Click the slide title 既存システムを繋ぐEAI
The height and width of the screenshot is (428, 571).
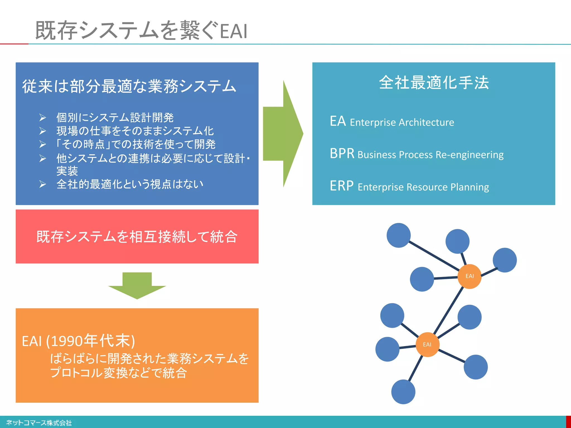pos(141,30)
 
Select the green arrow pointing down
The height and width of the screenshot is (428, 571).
pos(137,286)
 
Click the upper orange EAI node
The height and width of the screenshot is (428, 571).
pos(470,276)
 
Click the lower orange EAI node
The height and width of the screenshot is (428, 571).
pos(427,344)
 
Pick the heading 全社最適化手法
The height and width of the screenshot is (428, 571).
pos(434,82)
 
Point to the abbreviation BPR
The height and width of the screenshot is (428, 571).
pos(342,154)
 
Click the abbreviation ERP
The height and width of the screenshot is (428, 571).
pos(342,186)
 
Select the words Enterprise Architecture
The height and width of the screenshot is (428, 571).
pos(402,122)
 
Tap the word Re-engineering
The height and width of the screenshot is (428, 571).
pos(470,155)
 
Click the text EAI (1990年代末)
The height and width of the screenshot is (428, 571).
pos(78,341)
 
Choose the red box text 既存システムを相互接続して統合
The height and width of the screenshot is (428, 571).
pos(137,237)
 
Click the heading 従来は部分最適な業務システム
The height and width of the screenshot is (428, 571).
pos(129,86)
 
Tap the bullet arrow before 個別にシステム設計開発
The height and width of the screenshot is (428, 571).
pos(42,118)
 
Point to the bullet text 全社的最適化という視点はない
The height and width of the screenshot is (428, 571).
pos(130,184)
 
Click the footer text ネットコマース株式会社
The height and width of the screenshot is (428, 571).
pos(39,423)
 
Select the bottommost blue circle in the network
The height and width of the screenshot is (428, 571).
pos(403,392)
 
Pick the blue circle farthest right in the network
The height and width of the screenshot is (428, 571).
pos(505,260)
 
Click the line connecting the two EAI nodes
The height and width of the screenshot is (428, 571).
pos(448,310)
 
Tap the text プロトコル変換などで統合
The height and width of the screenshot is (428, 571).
pos(118,373)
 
